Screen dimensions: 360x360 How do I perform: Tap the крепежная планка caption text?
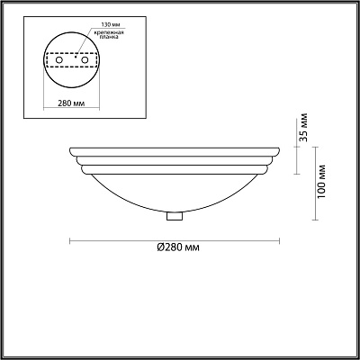pos(107,34)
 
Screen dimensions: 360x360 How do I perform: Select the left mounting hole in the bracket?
pos(59,60)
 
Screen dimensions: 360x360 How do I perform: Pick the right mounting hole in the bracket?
pos(85,60)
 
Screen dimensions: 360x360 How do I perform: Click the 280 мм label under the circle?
pos(71,103)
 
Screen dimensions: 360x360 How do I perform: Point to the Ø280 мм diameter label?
pos(178,247)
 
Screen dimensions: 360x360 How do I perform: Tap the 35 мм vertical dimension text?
pos(303,127)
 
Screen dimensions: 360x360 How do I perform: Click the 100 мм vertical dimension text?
pos(321,182)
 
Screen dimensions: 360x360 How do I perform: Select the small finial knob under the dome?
pos(175,216)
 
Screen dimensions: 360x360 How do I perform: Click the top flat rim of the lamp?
pos(175,152)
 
